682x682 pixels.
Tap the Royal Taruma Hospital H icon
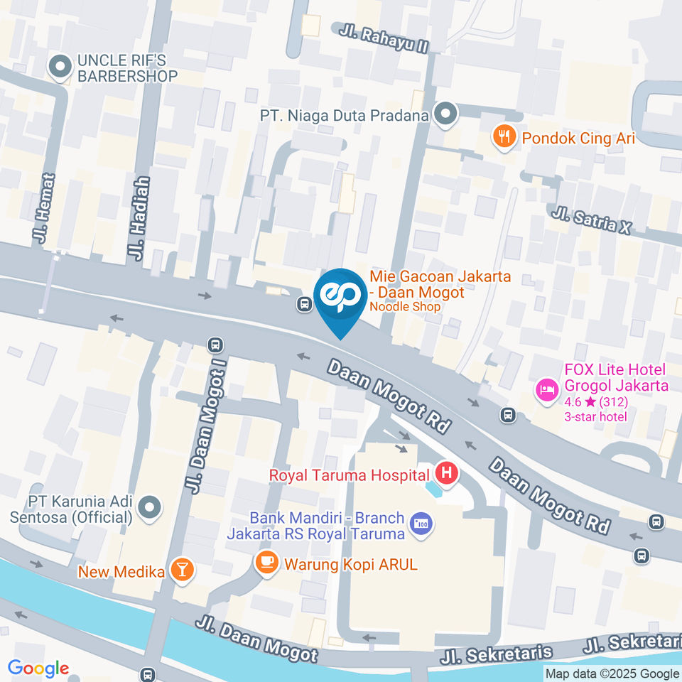(446, 472)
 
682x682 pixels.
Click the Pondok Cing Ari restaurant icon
(504, 137)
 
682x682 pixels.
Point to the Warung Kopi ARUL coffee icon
(266, 563)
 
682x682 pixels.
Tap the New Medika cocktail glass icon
(183, 570)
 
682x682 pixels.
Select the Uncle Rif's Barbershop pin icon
(60, 67)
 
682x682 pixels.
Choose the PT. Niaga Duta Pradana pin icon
(445, 114)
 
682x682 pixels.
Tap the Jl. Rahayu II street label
(384, 40)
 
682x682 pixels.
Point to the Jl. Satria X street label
(591, 219)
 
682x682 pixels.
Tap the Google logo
(38, 668)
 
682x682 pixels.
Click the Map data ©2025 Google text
(612, 673)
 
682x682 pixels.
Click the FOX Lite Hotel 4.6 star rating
(595, 401)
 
